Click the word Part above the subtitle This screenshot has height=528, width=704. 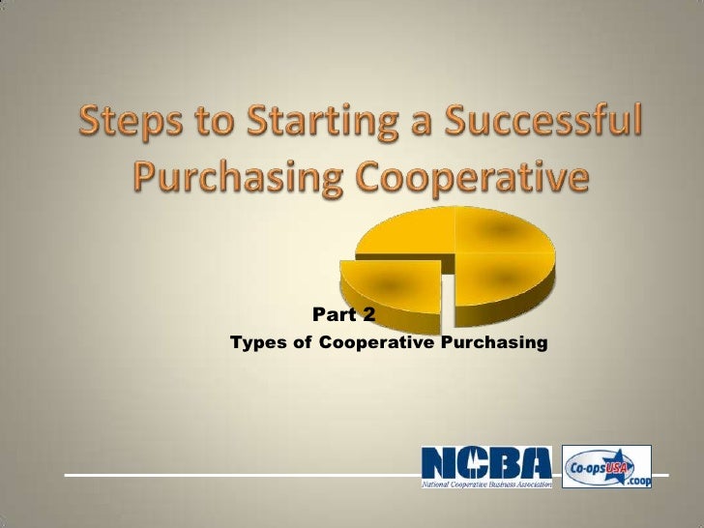pos(334,314)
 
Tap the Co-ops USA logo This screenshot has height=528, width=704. pos(606,466)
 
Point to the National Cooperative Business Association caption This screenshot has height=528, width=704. pos(486,484)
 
